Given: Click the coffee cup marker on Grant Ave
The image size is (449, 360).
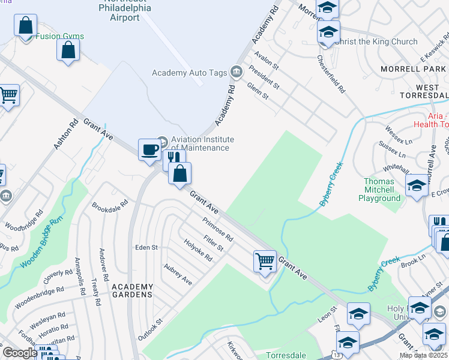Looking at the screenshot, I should [149, 149].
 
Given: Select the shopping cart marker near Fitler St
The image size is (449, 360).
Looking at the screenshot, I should [265, 262].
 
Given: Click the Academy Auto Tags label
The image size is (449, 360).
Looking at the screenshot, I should [189, 73].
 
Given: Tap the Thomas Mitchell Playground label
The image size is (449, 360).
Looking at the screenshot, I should [379, 190].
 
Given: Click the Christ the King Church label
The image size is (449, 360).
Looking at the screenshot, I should [376, 41].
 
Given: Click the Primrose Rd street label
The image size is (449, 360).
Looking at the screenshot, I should [217, 230].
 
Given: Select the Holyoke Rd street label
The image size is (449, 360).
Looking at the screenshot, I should [198, 251].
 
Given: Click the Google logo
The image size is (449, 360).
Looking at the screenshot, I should [20, 353].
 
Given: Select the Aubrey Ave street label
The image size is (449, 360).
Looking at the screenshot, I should [178, 274].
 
